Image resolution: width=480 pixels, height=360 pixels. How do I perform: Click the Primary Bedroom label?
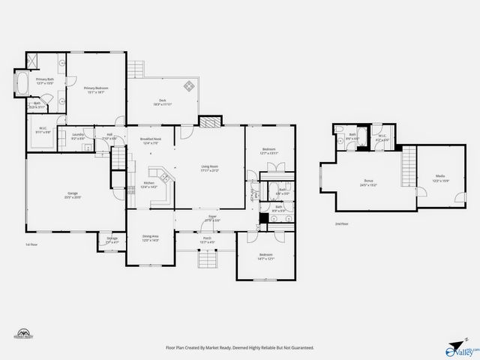coord(96,90)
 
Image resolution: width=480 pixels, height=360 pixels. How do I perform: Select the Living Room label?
coord(209,168)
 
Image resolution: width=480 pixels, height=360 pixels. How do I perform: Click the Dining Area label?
coord(151,238)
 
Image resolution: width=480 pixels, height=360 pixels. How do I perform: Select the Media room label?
coord(439,178)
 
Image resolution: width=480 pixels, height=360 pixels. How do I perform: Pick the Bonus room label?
coord(368,182)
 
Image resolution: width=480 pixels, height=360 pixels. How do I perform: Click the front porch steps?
coord(206,259)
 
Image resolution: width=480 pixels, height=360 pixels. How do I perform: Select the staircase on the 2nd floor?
coord(409,160)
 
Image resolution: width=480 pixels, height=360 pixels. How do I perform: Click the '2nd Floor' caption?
coord(342,223)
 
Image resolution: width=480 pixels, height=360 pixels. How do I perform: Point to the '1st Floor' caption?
coord(32,244)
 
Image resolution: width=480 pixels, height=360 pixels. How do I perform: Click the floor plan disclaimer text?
coord(239,348)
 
